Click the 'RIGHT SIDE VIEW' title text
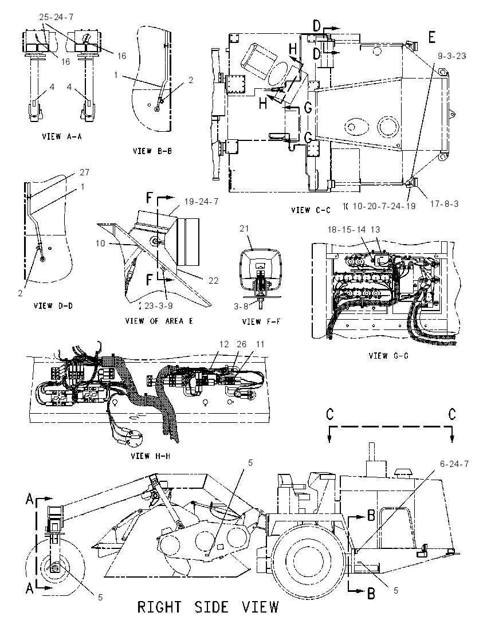(x=207, y=607)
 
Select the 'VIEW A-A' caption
(x=62, y=136)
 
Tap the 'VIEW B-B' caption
(x=152, y=151)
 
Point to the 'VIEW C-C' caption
(x=311, y=210)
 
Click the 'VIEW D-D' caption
(x=53, y=305)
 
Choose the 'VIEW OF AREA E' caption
(x=159, y=321)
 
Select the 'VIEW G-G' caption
(x=388, y=355)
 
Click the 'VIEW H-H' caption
(x=151, y=456)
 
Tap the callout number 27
(x=84, y=172)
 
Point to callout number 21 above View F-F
(x=244, y=228)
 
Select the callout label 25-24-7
(x=57, y=17)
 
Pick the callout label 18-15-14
(x=347, y=230)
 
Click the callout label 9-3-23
(x=451, y=56)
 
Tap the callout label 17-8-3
(x=444, y=204)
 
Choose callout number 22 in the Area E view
(x=214, y=280)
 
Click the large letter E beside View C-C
(x=432, y=38)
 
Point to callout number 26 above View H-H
(x=242, y=344)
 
